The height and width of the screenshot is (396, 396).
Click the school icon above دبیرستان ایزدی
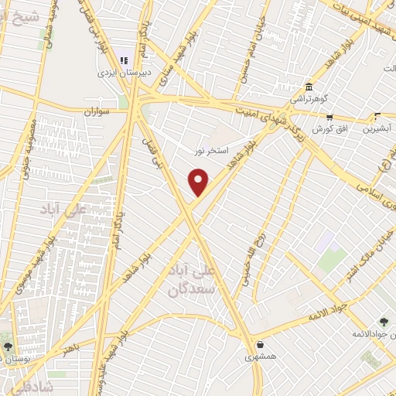[122, 60]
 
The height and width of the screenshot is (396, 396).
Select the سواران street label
[100, 111]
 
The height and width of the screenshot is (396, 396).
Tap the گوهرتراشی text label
[309, 99]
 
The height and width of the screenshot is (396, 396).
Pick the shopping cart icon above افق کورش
[329, 118]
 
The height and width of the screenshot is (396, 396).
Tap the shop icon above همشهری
[259, 344]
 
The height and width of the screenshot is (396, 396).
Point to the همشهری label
[260, 357]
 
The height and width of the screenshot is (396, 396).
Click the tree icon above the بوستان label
[9, 347]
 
